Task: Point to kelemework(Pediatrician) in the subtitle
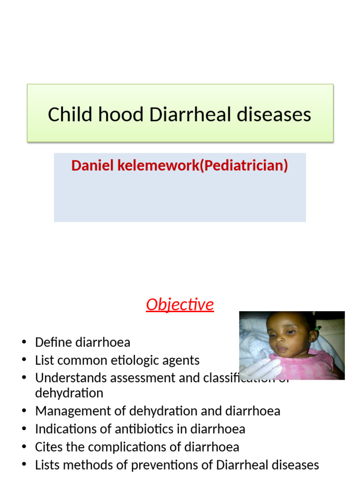[x=203, y=165]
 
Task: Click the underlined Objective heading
[x=180, y=305]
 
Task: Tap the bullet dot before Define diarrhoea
[x=24, y=343]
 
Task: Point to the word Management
[x=73, y=411]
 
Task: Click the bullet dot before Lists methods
[x=24, y=465]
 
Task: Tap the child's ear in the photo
[x=312, y=335]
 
